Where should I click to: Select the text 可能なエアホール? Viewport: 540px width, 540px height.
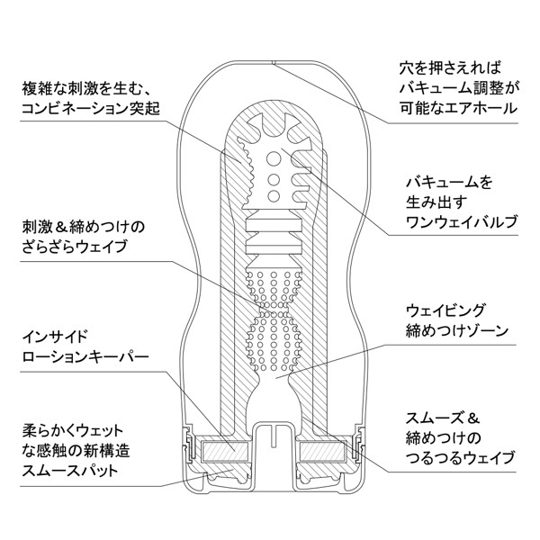point(458,109)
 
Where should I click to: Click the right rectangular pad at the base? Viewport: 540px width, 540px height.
point(320,447)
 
